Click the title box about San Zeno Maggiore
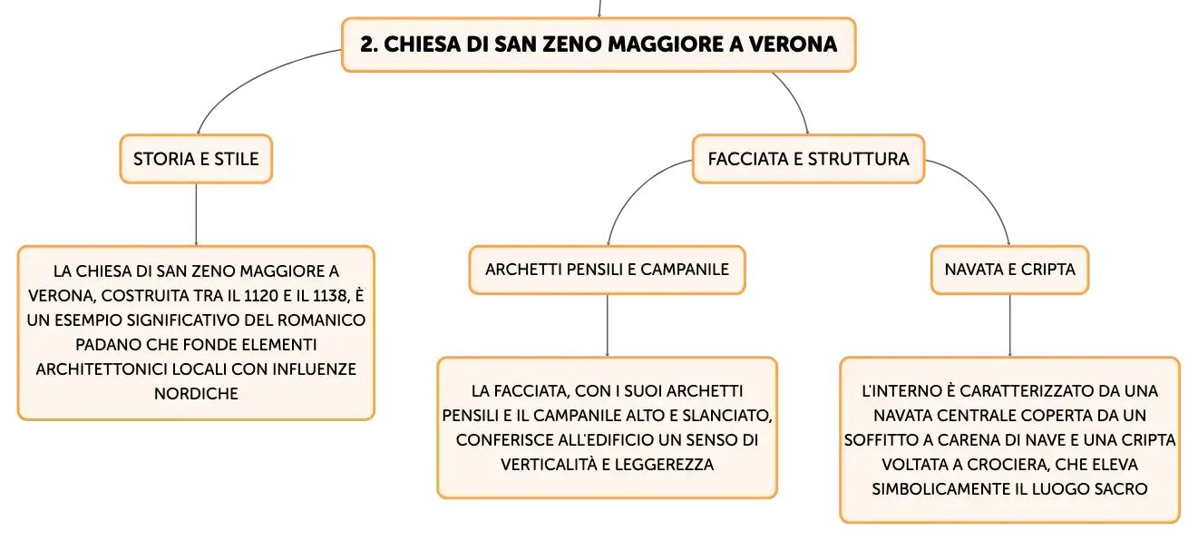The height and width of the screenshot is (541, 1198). click(x=599, y=44)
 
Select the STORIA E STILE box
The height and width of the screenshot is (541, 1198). click(x=196, y=159)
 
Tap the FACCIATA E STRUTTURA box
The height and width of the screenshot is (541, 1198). click(x=808, y=159)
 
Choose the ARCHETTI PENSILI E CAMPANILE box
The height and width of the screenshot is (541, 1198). click(x=607, y=270)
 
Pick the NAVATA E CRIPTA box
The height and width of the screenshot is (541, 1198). click(x=1009, y=270)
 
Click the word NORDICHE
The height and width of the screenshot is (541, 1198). click(x=196, y=394)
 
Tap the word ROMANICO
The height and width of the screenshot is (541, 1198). click(x=321, y=320)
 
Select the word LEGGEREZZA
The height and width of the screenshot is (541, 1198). click(x=664, y=465)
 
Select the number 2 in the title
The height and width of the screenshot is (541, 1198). click(x=366, y=44)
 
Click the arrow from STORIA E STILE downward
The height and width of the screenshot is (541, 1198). click(x=196, y=214)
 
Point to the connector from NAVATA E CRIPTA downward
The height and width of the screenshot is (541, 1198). click(x=1009, y=325)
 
